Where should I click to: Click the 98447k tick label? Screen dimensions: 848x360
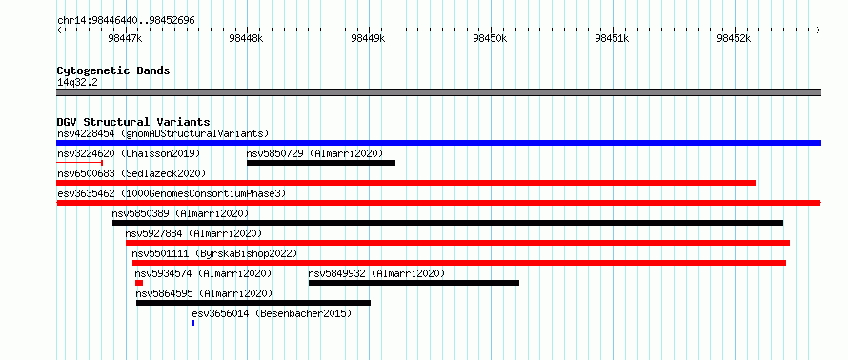coord(125,38)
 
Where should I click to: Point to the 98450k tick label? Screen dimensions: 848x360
coord(490,38)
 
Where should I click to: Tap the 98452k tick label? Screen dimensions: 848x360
coord(734,38)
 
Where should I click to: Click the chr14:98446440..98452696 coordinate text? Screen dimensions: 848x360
coord(126,21)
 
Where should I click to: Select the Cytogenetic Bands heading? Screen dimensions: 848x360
coord(113,70)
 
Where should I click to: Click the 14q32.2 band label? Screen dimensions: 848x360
coord(77,82)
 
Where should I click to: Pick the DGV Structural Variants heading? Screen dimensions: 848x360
coord(133,122)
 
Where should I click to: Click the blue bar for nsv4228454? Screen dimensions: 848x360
coord(438,143)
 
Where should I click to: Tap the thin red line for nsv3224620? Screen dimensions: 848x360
coord(80,163)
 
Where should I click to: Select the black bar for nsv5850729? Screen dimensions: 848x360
coord(321,163)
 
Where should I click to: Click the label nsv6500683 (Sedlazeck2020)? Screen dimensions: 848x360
coord(131,173)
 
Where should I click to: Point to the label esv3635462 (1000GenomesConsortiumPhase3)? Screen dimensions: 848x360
coord(172,193)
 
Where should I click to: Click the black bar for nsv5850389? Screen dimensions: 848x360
coord(448,223)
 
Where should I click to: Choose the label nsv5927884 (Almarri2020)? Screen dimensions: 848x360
coord(193,233)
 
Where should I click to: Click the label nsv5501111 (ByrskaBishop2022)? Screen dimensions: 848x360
coord(214,253)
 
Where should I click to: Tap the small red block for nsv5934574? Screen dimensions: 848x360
coord(139,283)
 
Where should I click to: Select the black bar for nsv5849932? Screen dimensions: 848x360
coord(414,283)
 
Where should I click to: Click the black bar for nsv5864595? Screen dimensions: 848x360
coord(253,303)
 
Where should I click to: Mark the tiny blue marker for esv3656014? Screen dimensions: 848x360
coord(193,323)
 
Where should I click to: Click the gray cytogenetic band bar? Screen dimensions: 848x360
coord(438,92)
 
